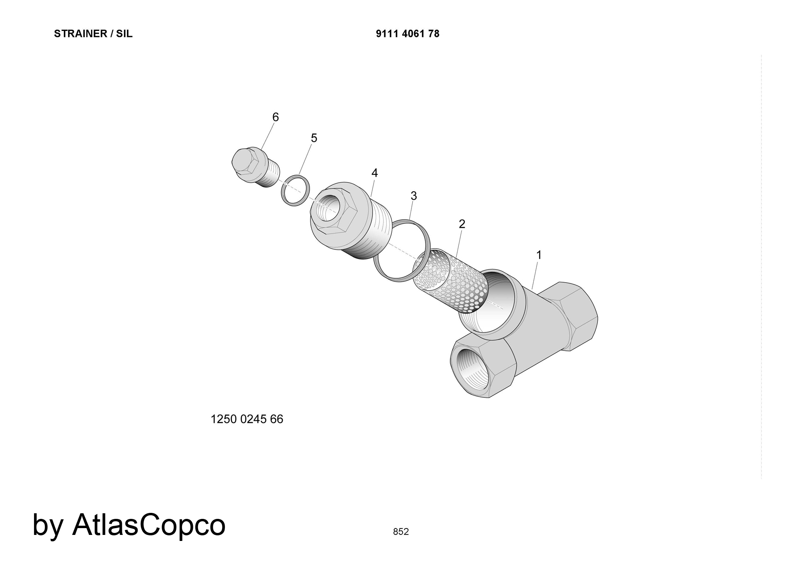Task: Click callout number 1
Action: (539, 255)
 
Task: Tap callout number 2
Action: (462, 224)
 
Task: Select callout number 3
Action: (414, 196)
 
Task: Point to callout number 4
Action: (375, 173)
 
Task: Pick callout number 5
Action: (314, 138)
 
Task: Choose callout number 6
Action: (275, 117)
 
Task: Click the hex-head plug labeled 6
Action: (255, 168)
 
